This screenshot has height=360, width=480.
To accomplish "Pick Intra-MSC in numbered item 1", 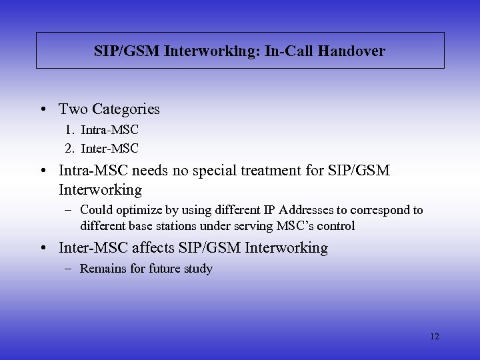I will (x=110, y=131).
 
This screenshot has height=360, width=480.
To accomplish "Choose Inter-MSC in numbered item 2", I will (x=110, y=147).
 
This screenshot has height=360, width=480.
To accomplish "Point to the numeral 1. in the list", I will (x=70, y=131).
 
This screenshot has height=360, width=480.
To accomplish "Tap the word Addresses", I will (x=297, y=210).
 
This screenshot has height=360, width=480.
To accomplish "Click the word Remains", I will (x=102, y=269).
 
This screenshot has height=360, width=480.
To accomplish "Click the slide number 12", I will (x=435, y=336).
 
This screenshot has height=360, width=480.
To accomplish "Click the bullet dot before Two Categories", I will (x=44, y=109).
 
